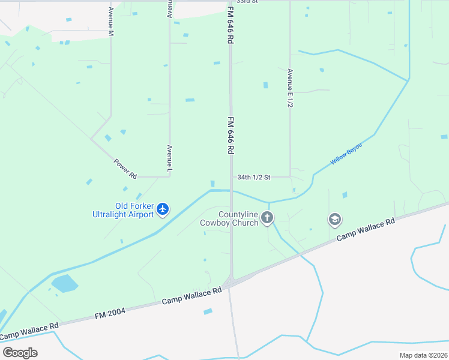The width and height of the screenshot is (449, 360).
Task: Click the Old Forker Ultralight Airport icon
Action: [163, 209]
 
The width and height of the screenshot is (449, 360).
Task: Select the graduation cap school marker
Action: [334, 220]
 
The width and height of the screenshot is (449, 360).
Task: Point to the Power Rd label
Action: [125, 168]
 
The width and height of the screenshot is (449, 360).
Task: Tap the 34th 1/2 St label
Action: [255, 177]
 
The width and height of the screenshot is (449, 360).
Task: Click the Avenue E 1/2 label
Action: [290, 88]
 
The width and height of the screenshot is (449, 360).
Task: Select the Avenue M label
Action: [110, 21]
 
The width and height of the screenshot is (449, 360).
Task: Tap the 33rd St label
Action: [247, 2]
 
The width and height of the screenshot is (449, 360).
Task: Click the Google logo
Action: [20, 352]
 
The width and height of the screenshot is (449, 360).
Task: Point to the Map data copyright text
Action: [423, 355]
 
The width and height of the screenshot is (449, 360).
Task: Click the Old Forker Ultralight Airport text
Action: [122, 209]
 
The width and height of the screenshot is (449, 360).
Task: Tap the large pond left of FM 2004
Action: [64, 283]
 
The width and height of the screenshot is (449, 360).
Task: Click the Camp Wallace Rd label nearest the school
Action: [365, 229]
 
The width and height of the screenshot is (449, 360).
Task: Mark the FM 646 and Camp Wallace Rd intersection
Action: [231, 281]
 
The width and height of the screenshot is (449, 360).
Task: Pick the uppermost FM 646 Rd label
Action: [230, 25]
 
